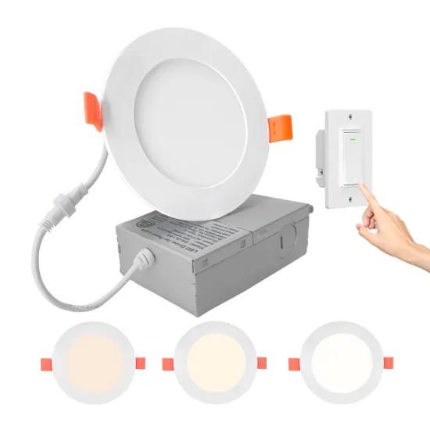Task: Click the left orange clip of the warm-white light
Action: coord(45,365)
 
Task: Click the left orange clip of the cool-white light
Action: coord(293,364)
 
